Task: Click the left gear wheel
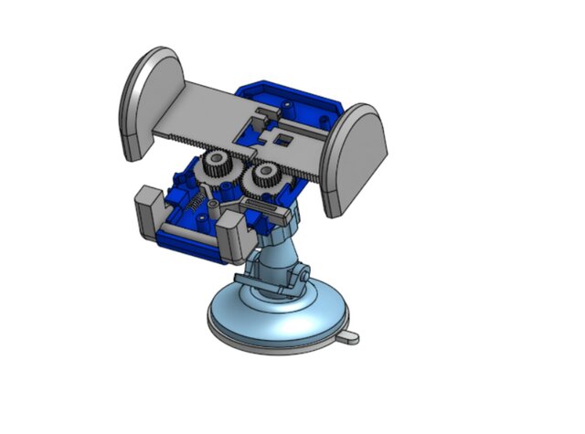pos(218,167)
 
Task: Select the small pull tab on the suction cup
pos(349,338)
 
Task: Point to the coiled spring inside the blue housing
pos(194,202)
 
